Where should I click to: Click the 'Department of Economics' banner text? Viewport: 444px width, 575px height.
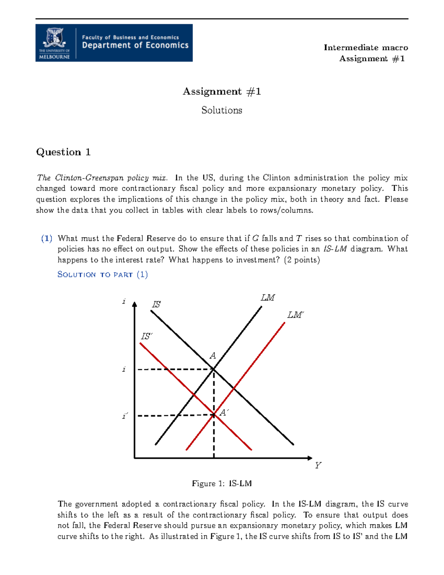(x=135, y=46)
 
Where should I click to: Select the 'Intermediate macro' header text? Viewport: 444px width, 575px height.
(x=366, y=47)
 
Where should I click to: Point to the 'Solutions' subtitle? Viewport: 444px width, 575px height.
(x=222, y=110)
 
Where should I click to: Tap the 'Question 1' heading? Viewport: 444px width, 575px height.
(x=63, y=152)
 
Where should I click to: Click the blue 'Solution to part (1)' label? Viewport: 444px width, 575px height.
(x=102, y=274)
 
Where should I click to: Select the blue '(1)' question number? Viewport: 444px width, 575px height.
(x=47, y=238)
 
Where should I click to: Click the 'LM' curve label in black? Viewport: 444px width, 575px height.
(x=268, y=298)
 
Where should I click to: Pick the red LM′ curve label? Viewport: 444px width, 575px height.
(x=295, y=315)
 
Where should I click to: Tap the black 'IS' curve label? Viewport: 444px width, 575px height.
(x=157, y=304)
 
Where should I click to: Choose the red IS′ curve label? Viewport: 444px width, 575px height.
(x=147, y=336)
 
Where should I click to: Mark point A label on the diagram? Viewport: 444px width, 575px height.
(x=213, y=356)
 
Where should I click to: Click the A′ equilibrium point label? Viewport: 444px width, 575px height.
(x=224, y=412)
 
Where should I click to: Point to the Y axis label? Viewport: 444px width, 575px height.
(x=318, y=465)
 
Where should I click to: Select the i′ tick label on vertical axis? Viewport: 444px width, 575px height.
(x=125, y=416)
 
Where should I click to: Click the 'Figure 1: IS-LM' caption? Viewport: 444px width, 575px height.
(x=222, y=484)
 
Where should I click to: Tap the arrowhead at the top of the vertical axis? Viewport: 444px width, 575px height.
(x=135, y=304)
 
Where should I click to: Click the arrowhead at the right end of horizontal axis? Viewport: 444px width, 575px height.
(x=310, y=458)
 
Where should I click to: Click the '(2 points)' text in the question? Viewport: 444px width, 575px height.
(x=302, y=260)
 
